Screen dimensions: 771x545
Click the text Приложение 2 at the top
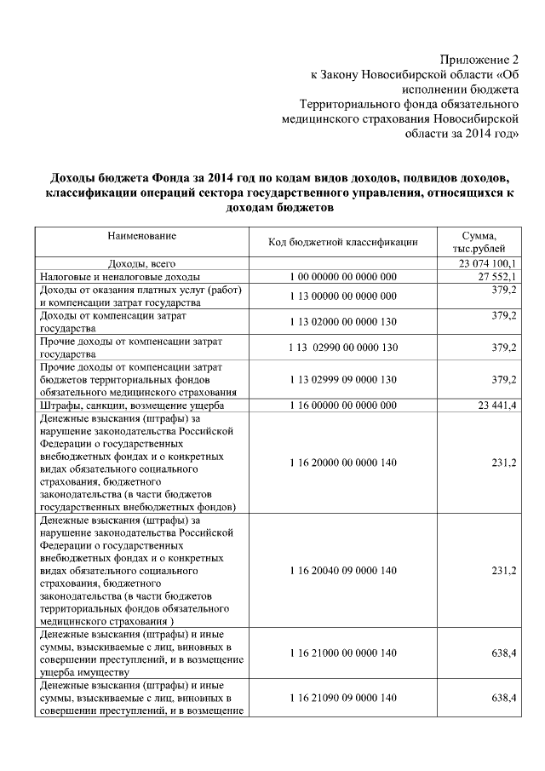pos(479,60)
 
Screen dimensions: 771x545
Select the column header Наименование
pos(142,234)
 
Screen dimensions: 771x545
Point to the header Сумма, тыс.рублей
pos(479,242)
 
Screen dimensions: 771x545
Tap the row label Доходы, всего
pos(141,264)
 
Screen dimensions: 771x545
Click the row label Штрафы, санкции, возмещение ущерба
pos(132,405)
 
